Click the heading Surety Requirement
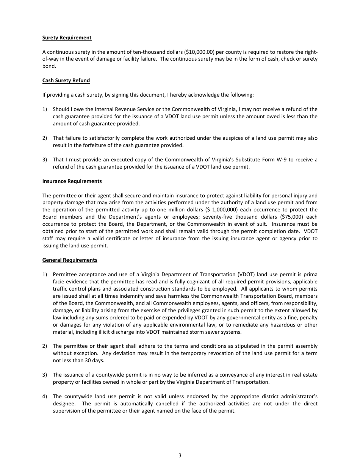pyautogui.click(x=67, y=38)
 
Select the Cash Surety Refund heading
pyautogui.click(x=66, y=80)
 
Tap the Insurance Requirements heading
pyautogui.click(x=72, y=181)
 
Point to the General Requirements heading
pyautogui.click(x=70, y=260)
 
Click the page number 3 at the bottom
pyautogui.click(x=180, y=456)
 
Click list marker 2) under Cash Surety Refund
pyautogui.click(x=45, y=138)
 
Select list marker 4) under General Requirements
pyautogui.click(x=45, y=396)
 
